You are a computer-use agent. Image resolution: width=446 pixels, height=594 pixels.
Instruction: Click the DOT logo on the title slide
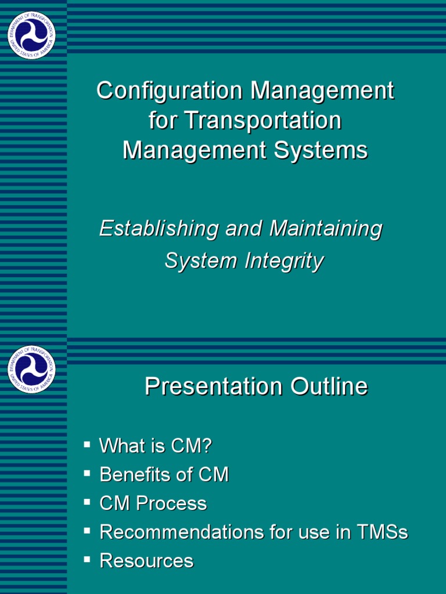click(31, 35)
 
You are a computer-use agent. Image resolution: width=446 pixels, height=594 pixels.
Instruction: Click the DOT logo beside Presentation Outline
click(31, 369)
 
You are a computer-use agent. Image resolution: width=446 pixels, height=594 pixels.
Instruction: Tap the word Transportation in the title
click(263, 121)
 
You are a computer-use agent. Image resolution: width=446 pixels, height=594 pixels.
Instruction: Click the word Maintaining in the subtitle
click(325, 229)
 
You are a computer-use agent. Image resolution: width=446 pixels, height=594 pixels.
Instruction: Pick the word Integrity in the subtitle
click(283, 261)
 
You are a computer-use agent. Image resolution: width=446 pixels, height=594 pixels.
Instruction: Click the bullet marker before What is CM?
click(87, 445)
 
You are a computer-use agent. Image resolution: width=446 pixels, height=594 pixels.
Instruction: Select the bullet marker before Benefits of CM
click(87, 473)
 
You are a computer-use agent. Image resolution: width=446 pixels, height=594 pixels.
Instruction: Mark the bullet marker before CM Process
click(87, 502)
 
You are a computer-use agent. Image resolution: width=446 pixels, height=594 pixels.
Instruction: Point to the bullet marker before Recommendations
click(87, 530)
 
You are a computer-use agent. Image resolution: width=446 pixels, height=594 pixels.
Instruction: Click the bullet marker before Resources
click(87, 559)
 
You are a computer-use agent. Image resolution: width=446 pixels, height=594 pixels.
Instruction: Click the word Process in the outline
click(171, 504)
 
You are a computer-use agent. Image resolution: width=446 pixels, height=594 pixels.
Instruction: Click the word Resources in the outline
click(146, 560)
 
